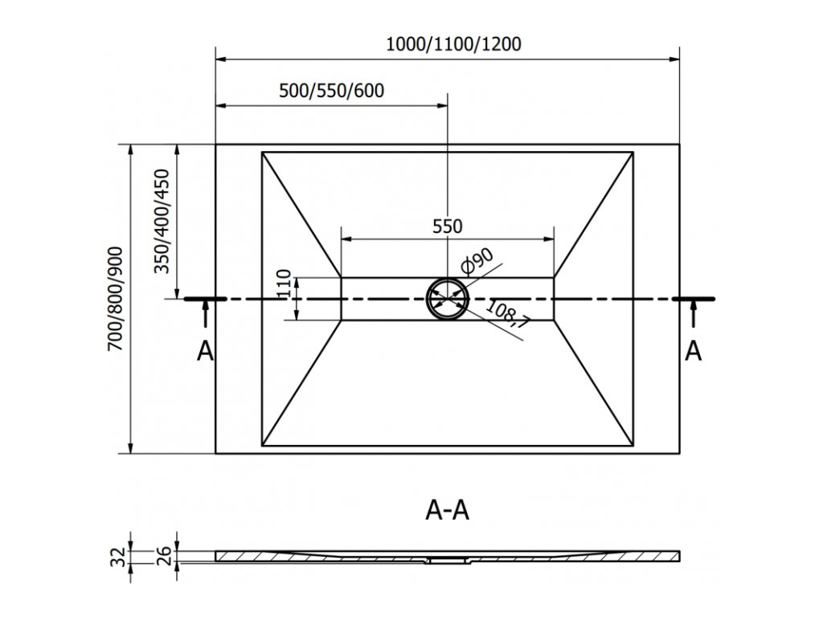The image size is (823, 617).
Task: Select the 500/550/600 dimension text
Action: point(331,90)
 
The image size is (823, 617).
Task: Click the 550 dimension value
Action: point(448,226)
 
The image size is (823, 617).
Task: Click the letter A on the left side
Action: point(206,351)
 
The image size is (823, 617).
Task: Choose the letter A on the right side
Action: point(692,351)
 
